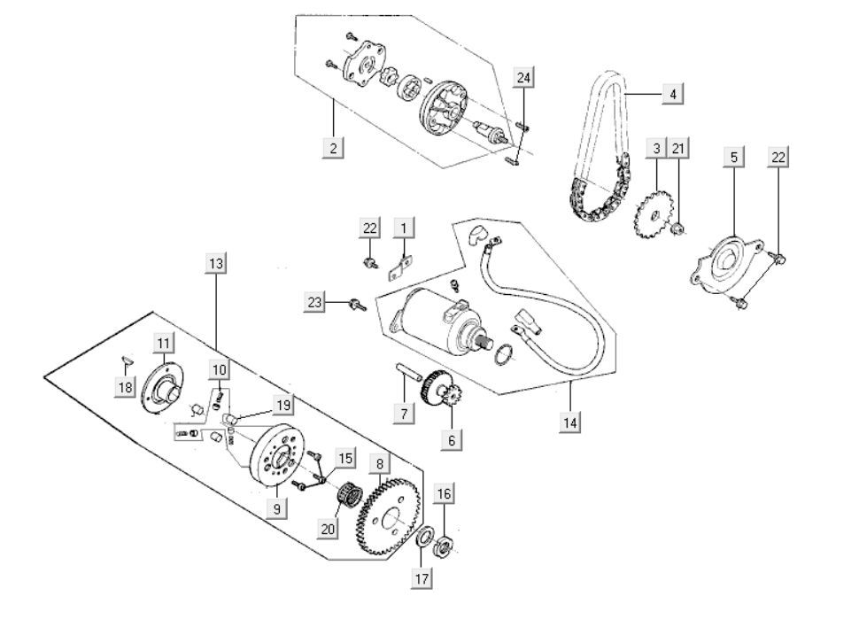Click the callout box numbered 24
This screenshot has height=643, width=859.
(x=524, y=79)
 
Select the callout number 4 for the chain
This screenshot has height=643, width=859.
(x=672, y=93)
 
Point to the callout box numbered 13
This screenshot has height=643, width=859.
(x=216, y=263)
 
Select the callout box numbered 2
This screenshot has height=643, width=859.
(x=333, y=148)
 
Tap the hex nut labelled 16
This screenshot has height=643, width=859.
(x=445, y=543)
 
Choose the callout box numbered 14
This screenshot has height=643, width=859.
(x=570, y=422)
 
